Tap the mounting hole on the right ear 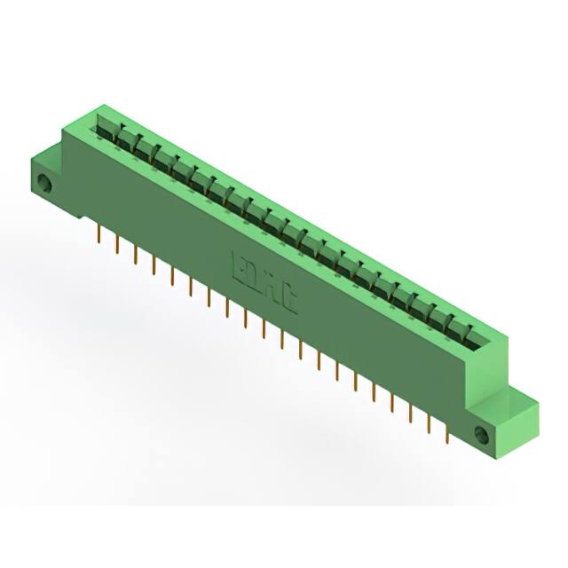482,436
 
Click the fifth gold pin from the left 172,275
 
